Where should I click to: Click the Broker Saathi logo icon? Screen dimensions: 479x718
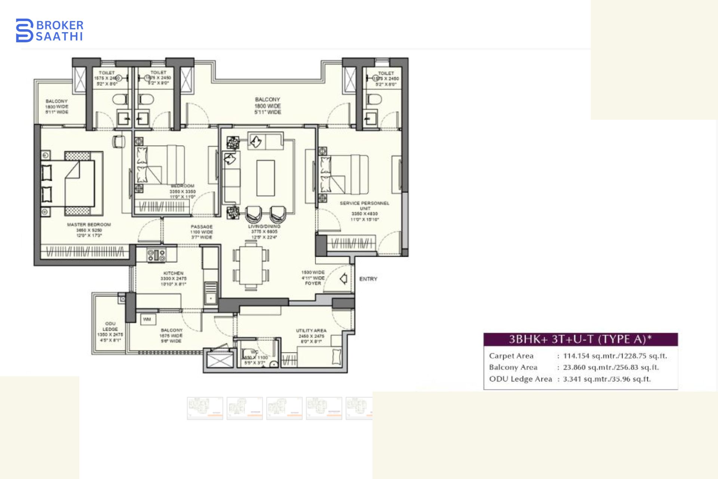(x=25, y=30)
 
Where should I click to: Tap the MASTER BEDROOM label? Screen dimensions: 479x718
(x=89, y=225)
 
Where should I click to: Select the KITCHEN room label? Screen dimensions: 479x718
(x=174, y=274)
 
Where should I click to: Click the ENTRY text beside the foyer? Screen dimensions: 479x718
(x=368, y=279)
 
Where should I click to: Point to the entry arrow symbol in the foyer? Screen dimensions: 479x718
(x=344, y=279)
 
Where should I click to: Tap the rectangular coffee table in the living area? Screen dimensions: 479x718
(x=266, y=178)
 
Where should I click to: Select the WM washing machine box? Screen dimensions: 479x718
(x=147, y=319)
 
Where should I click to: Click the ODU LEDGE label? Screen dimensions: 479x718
(x=110, y=326)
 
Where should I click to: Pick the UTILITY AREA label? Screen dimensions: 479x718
(x=311, y=331)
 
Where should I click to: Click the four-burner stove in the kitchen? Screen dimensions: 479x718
(x=156, y=255)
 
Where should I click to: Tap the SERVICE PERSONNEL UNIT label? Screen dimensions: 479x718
(x=365, y=205)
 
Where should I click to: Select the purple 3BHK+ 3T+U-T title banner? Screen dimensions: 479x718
(x=580, y=339)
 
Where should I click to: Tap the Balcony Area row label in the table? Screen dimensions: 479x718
(x=513, y=367)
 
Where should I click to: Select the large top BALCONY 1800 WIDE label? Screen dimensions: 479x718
(x=268, y=106)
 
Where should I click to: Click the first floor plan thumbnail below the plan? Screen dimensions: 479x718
(x=205, y=408)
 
